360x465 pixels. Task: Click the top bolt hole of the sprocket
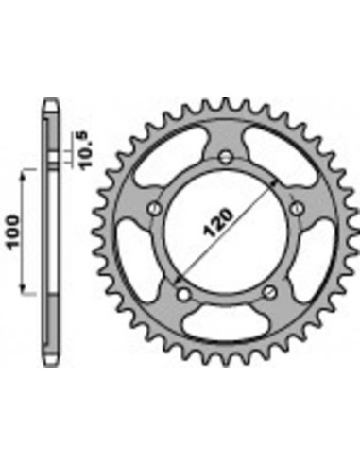[227, 155]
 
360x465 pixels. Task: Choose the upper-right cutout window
[273, 166]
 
